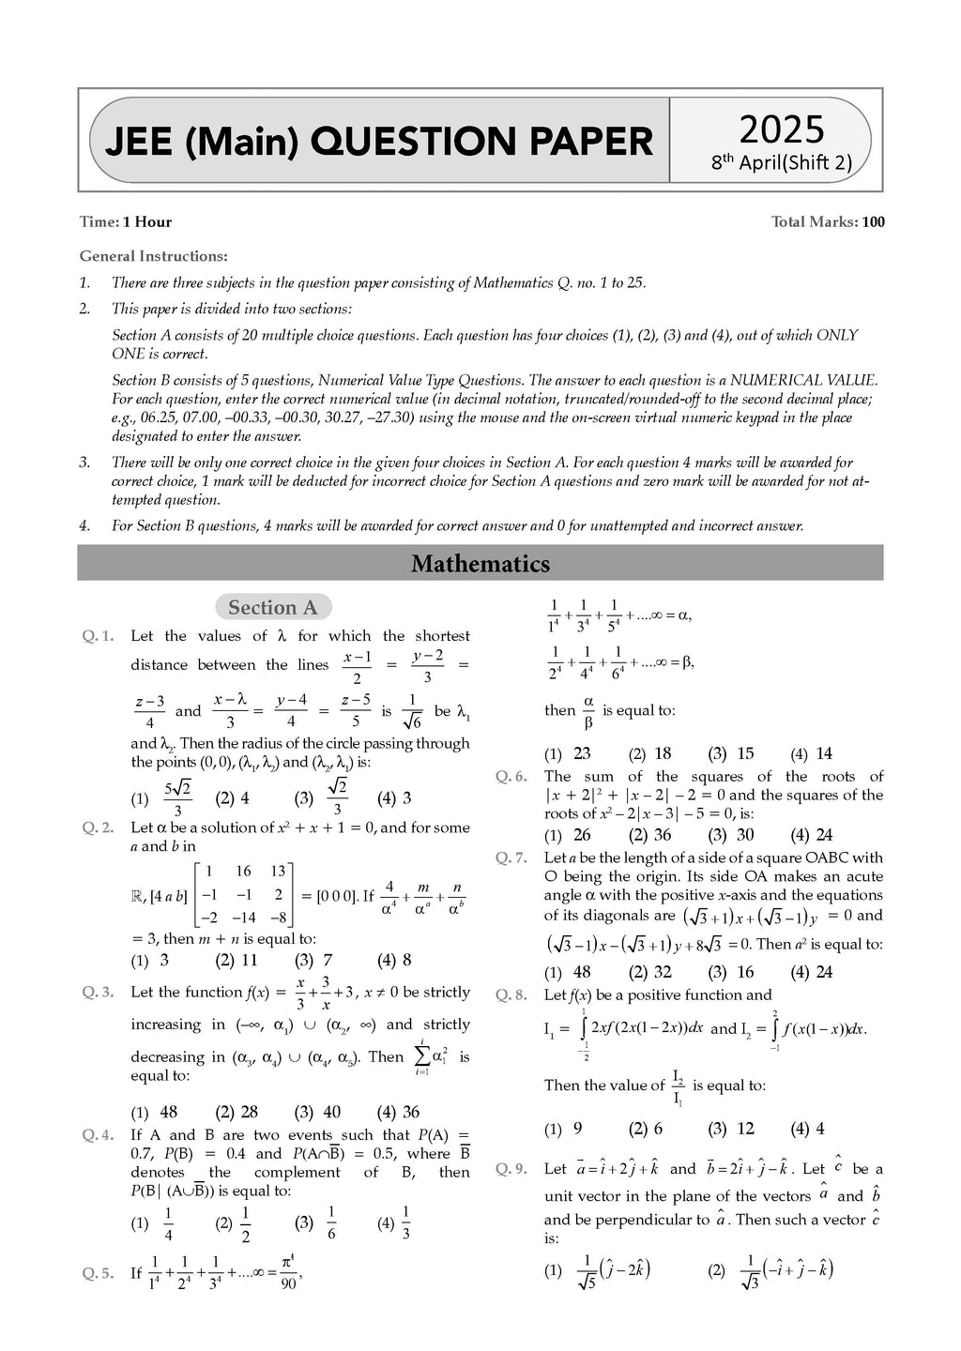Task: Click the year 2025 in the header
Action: coord(781,129)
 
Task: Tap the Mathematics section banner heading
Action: coord(480,564)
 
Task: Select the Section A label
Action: coord(273,607)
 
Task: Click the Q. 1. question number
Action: coord(98,636)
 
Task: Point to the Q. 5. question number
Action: coord(98,1273)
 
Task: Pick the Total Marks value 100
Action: coord(873,222)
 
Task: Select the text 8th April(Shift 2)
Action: coord(781,162)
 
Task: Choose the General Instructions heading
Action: coord(153,256)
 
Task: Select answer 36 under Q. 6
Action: coord(663,835)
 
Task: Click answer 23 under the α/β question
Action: coord(582,753)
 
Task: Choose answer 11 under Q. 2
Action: coord(249,960)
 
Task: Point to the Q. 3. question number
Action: coord(98,993)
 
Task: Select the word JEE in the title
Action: coord(138,142)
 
